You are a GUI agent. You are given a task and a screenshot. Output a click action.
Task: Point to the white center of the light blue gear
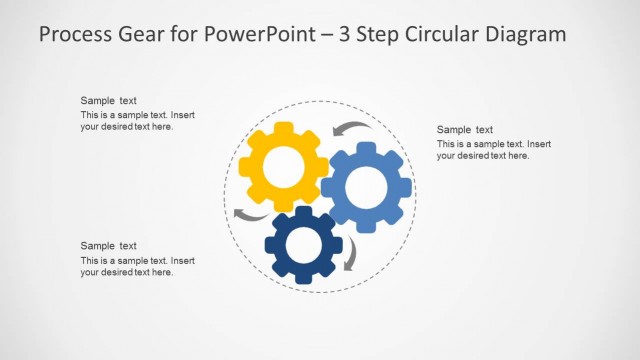point(366,187)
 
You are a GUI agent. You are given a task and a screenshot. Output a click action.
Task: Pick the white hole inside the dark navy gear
point(304,245)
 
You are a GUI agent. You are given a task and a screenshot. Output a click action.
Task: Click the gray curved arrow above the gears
point(349,128)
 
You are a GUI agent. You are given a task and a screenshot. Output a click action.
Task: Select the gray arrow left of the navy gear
point(249,215)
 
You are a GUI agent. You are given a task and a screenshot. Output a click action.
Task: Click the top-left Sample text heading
point(109,101)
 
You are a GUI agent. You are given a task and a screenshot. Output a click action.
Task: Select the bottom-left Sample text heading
point(109,246)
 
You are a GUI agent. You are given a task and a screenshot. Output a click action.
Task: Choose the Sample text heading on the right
point(465,130)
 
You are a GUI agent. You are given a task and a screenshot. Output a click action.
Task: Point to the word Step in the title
point(381,34)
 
